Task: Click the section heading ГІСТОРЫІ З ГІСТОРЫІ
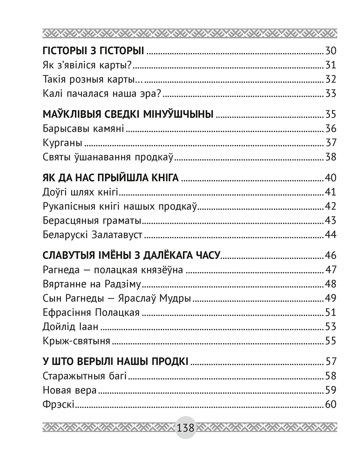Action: pos(92,52)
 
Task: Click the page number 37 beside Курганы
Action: pos(331,143)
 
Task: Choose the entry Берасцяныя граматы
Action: pos(91,220)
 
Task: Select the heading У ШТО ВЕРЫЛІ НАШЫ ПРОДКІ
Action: pos(115,362)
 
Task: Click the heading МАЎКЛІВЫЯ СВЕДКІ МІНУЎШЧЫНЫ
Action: pos(128,114)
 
